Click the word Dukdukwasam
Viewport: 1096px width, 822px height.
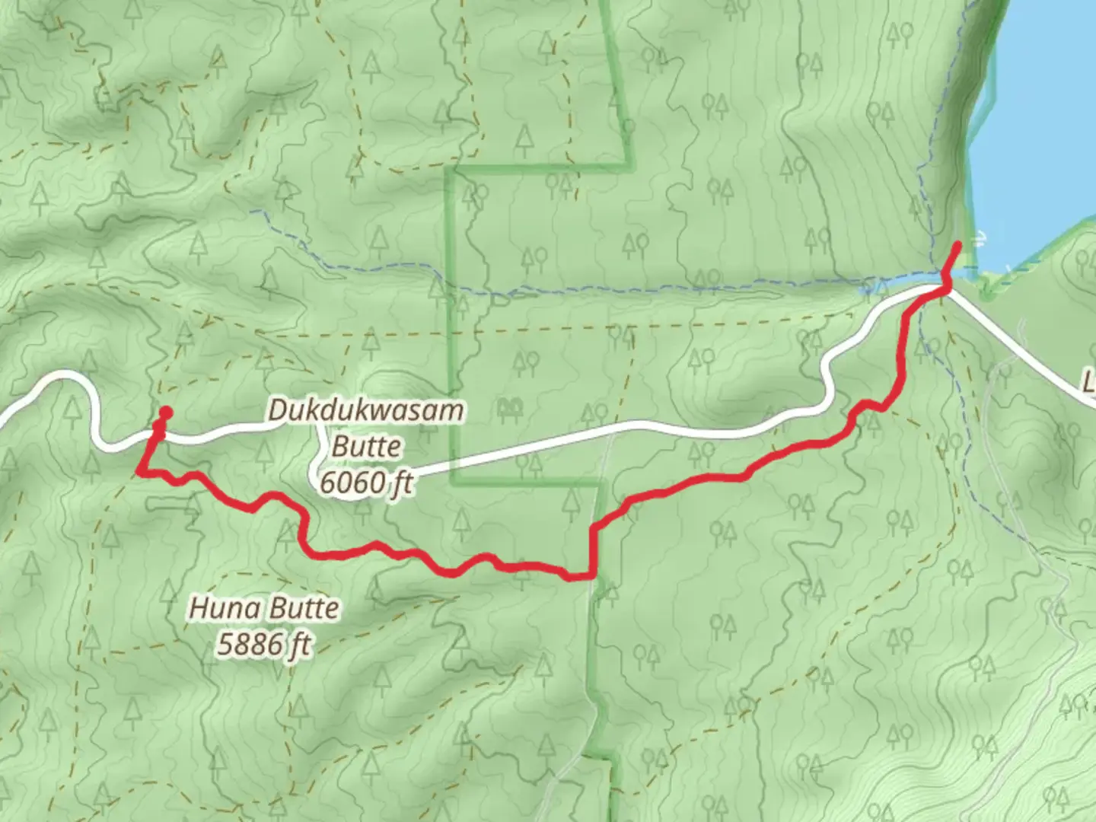coord(365,411)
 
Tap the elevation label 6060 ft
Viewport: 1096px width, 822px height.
coord(366,483)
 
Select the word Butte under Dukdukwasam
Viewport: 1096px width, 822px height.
coord(366,447)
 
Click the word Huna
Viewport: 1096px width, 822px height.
coord(218,609)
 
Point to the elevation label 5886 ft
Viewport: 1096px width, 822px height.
coord(264,645)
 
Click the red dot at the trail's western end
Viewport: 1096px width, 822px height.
coord(164,413)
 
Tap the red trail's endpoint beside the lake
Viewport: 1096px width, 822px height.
coord(957,245)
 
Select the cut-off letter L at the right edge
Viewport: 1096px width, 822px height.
coord(1089,381)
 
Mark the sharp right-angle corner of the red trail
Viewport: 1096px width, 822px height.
coord(591,575)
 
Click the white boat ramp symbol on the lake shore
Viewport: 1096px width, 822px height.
coord(983,237)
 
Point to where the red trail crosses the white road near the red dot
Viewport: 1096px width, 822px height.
coord(158,434)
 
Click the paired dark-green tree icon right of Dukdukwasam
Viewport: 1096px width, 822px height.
coord(510,411)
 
